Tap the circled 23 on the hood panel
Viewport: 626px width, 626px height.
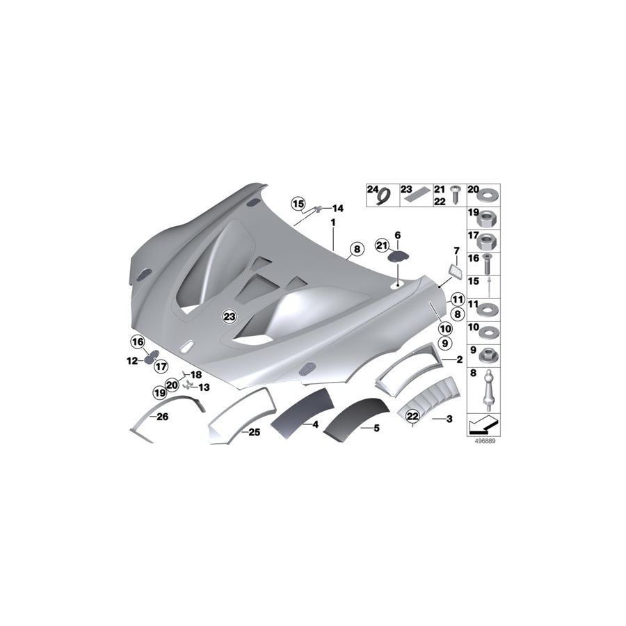click(229, 316)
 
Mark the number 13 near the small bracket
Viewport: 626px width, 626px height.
click(204, 387)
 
